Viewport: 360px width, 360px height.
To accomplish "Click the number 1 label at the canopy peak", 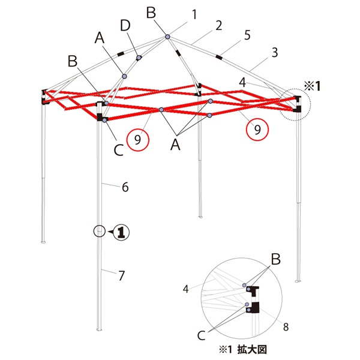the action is (x=194, y=14).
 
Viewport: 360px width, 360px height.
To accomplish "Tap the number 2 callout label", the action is (x=219, y=25).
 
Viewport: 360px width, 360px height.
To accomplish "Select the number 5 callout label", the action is (x=247, y=35).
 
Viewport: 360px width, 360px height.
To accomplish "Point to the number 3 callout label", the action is (x=275, y=53).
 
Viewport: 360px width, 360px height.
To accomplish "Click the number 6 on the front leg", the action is (x=125, y=187).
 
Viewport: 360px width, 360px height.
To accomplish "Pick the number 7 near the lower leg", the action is (x=121, y=276).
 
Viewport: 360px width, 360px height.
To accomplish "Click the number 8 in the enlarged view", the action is (x=286, y=327).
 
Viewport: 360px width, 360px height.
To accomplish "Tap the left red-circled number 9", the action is (x=138, y=140).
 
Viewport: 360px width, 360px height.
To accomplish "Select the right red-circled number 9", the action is (x=257, y=129).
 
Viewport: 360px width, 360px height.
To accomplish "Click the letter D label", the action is (x=125, y=26).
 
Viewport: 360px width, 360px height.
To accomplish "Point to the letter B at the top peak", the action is (x=151, y=13).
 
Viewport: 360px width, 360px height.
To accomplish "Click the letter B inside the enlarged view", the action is (x=276, y=259).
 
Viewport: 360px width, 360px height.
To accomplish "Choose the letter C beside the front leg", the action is (x=119, y=150).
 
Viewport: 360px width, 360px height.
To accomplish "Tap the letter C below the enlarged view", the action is (x=202, y=335).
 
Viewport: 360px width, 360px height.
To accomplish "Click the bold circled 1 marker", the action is (x=121, y=233).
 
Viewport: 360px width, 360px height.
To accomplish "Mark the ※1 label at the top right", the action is (x=312, y=86).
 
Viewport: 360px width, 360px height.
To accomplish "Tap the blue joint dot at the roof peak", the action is (x=168, y=37).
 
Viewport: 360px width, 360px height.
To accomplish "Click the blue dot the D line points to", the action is (x=139, y=57).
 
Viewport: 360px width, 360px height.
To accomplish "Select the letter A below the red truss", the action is (x=175, y=145).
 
